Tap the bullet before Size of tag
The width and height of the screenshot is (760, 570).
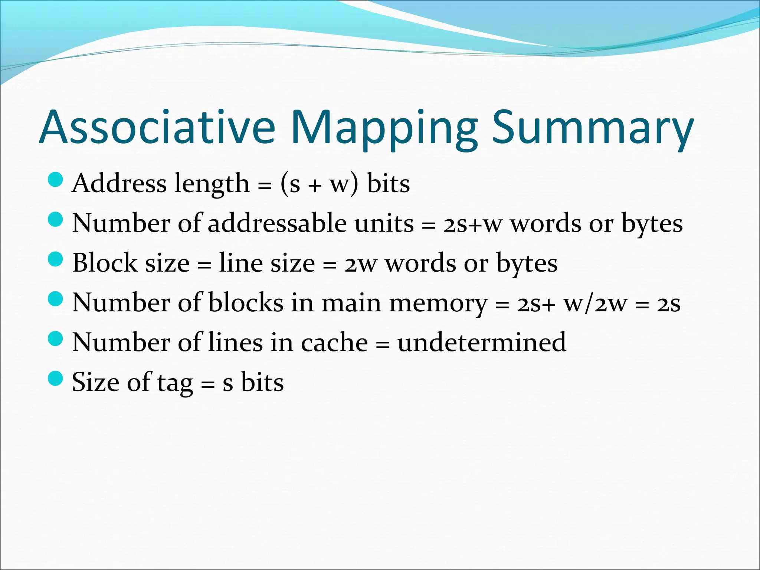(56, 378)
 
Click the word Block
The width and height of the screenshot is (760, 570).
(105, 263)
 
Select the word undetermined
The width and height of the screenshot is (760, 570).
(482, 343)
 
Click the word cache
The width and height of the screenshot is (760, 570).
(334, 343)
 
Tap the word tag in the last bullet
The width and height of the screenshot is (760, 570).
(175, 383)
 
